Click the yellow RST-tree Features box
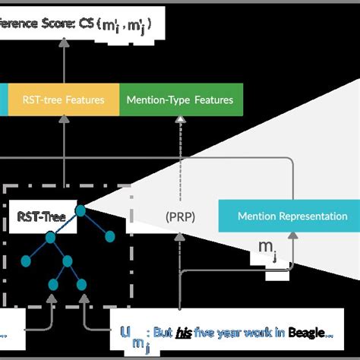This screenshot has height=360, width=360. point(63,99)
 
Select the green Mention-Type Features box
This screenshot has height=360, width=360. point(181,99)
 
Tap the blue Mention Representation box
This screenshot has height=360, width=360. point(282,216)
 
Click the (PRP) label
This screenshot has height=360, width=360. point(180,216)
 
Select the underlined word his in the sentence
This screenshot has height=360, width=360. point(183,332)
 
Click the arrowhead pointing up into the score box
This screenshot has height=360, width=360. point(64,44)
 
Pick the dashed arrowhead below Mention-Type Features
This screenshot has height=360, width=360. point(181,121)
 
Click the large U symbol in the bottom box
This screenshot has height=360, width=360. point(125,332)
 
